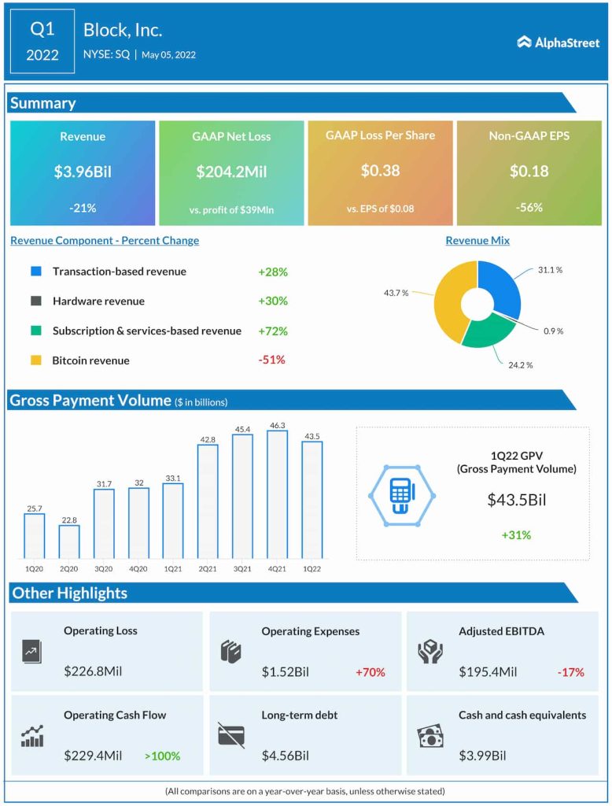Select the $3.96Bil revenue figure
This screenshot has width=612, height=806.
tap(83, 171)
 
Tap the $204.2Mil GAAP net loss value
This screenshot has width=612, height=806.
tap(231, 171)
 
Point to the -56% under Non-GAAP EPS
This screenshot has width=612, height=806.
tap(529, 208)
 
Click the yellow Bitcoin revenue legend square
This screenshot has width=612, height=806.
tap(35, 360)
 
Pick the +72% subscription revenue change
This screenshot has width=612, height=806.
tap(272, 331)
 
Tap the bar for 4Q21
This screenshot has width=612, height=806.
tap(277, 494)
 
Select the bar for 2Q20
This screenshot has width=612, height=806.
tap(69, 542)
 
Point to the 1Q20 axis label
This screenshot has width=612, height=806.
tap(35, 568)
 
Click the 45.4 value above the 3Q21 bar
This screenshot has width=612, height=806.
tap(242, 428)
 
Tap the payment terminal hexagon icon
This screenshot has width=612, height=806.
tap(401, 494)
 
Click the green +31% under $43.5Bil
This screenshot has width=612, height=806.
tap(516, 535)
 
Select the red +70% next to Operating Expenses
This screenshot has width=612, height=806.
tap(370, 672)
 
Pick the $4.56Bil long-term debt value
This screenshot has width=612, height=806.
tap(286, 756)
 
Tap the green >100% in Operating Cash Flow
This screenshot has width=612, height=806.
tap(162, 756)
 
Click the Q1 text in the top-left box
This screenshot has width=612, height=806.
tap(42, 29)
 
